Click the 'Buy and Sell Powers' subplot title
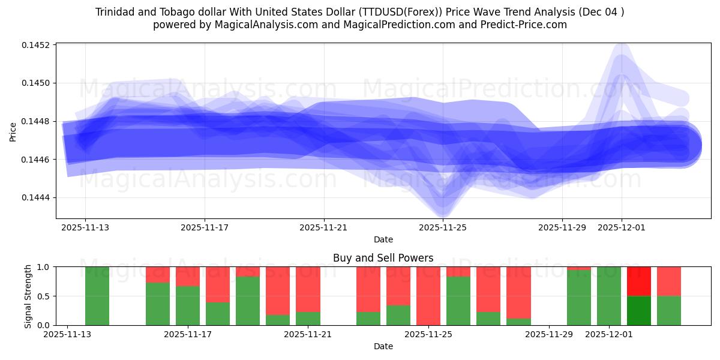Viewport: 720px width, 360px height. point(383,258)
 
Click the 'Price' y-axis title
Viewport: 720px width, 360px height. point(13,131)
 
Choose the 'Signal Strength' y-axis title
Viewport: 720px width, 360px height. point(28,296)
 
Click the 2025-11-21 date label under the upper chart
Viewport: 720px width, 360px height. point(324,227)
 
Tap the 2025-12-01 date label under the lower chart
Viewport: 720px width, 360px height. point(609,334)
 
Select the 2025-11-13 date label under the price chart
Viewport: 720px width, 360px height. point(85,227)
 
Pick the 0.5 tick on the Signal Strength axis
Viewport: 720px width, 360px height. point(44,296)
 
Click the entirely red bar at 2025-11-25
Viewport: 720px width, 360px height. point(428,296)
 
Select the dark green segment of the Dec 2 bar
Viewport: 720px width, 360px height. point(639,310)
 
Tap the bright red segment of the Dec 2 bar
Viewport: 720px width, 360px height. point(639,281)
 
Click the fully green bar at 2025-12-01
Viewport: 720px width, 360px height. point(609,296)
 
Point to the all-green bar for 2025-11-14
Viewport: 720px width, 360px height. point(97,296)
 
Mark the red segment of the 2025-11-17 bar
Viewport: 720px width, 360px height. point(188,276)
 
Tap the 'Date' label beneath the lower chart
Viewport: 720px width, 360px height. point(383,346)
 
